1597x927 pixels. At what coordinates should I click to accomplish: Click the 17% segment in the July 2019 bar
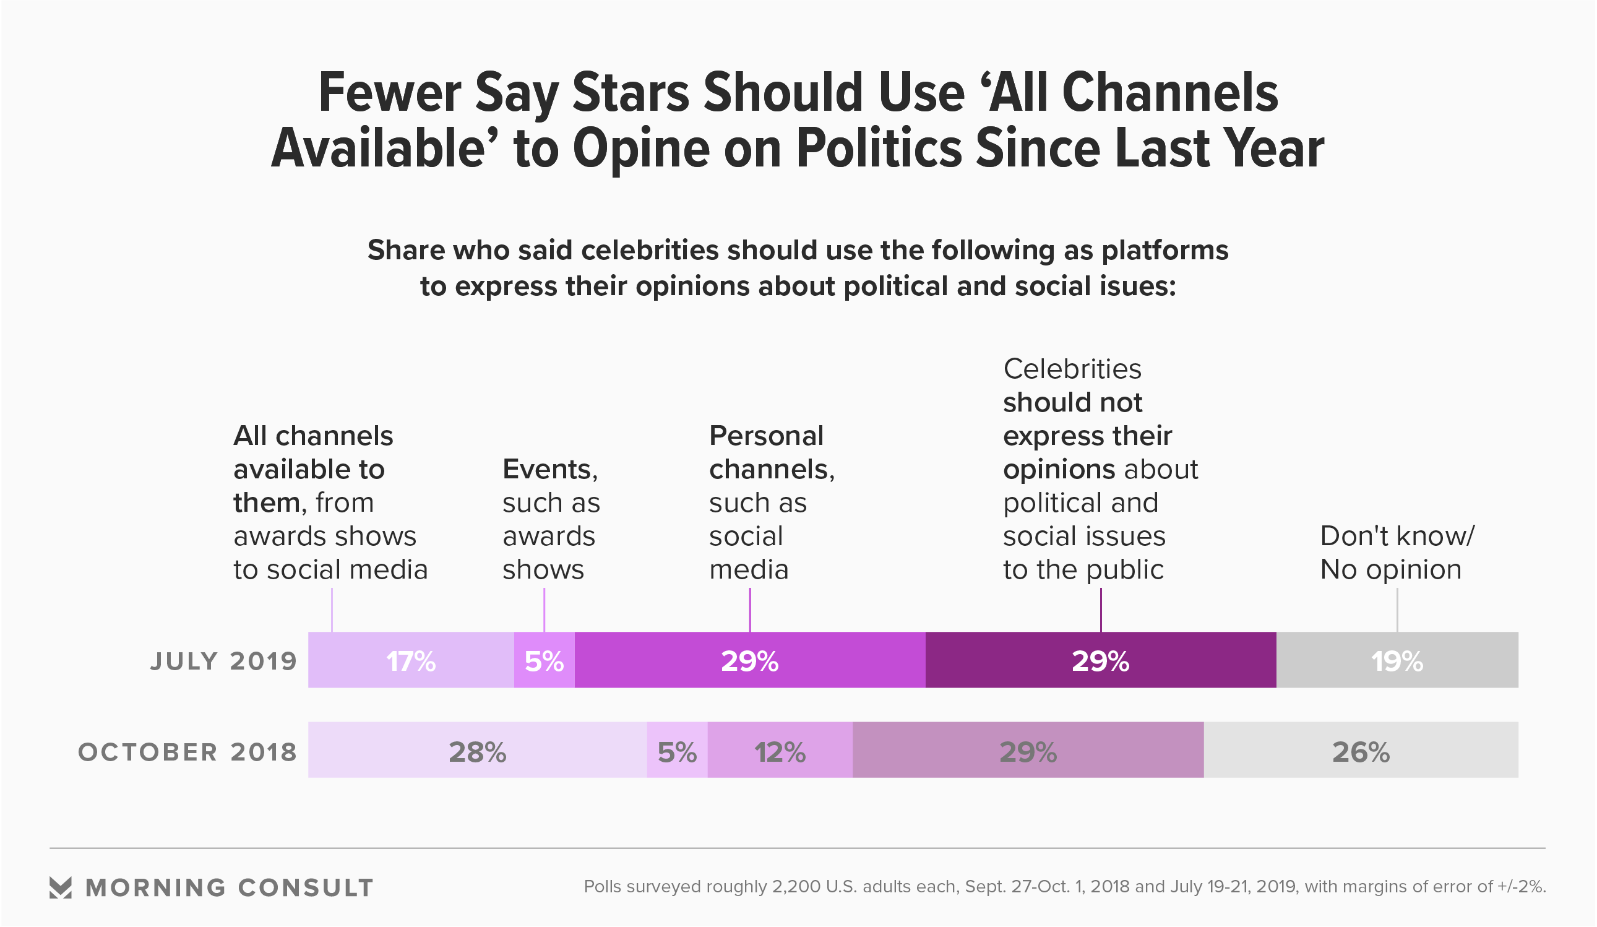point(411,662)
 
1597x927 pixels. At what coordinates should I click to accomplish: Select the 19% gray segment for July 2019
point(1397,662)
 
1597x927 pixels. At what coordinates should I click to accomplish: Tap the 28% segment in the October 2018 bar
point(477,752)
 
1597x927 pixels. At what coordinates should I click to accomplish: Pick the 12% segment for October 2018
point(780,752)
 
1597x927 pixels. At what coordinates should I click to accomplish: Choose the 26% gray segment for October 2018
point(1361,752)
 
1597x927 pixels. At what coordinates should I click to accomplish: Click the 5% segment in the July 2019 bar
point(544,662)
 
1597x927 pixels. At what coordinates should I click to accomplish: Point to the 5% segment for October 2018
point(677,752)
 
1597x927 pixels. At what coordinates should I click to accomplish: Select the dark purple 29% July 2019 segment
point(1100,662)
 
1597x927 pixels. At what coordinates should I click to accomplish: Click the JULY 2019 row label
point(224,662)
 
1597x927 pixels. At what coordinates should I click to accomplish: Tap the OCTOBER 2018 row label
point(187,752)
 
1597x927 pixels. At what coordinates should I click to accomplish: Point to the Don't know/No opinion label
point(1397,553)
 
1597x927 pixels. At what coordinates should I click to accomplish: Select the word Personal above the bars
point(766,436)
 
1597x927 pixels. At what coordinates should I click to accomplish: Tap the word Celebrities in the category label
point(1072,369)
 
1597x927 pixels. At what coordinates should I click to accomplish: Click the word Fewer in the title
point(390,93)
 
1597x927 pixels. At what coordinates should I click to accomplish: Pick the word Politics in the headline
point(879,149)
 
